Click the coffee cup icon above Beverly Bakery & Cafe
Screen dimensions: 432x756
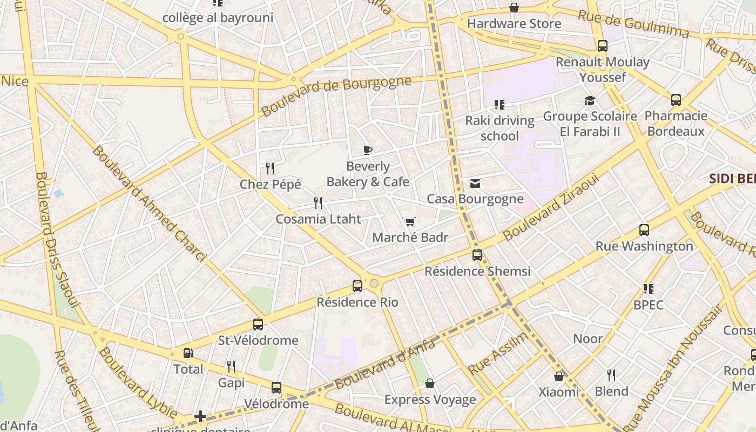click(368, 150)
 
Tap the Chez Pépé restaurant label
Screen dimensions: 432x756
click(270, 184)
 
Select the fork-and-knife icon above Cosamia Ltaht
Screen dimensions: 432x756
click(318, 203)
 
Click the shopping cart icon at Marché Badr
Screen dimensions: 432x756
click(410, 221)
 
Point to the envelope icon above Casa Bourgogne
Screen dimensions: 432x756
click(475, 184)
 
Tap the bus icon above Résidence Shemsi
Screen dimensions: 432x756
click(477, 255)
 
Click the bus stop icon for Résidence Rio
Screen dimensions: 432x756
click(357, 286)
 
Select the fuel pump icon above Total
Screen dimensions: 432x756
click(188, 354)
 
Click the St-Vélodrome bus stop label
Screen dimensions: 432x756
click(258, 340)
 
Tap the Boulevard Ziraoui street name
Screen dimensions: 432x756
click(551, 206)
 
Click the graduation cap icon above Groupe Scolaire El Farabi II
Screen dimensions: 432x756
click(590, 101)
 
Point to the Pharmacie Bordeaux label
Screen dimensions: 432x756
click(676, 123)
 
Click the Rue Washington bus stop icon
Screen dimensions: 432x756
click(644, 230)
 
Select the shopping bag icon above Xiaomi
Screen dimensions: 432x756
click(559, 376)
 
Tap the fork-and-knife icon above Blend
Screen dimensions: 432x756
click(611, 375)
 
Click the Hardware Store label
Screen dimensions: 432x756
click(514, 24)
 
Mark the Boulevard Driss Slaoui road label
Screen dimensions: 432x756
click(57, 240)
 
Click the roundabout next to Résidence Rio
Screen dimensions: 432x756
click(374, 283)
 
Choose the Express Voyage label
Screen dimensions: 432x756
click(430, 400)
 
